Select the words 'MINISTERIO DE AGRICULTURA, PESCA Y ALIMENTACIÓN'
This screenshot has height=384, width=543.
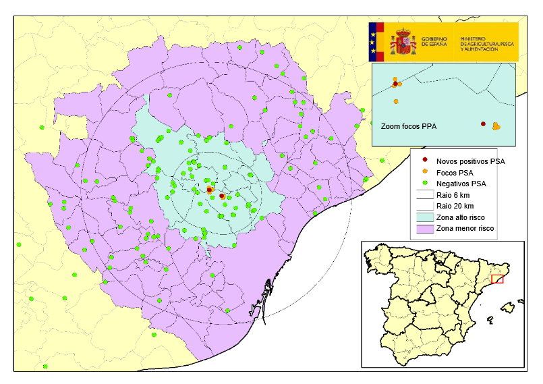(x=487, y=42)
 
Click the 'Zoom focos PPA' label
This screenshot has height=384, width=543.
(x=409, y=126)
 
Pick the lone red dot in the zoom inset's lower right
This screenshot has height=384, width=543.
(x=483, y=124)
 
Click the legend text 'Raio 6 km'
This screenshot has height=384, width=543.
(x=453, y=195)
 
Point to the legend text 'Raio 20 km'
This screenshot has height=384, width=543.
(x=455, y=206)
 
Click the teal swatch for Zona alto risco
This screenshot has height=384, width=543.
(x=424, y=217)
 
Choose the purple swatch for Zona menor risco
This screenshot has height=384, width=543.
(x=424, y=229)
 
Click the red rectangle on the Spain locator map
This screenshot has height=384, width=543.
(x=497, y=279)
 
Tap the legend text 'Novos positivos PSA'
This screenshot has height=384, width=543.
(x=471, y=161)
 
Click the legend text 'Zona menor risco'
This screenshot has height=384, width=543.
(x=465, y=229)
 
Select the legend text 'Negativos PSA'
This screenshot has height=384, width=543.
(x=461, y=184)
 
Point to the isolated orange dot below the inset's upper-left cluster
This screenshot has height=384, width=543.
(x=395, y=102)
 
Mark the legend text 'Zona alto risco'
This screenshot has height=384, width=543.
(x=463, y=217)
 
